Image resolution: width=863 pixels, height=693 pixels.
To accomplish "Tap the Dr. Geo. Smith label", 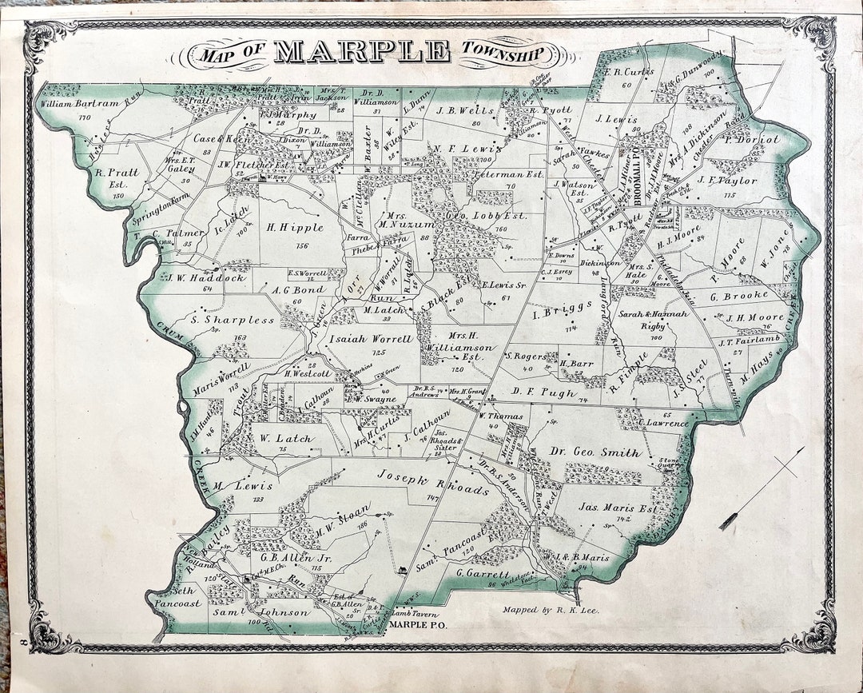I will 595,452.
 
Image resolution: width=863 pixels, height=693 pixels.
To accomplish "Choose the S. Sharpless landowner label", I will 233,320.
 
